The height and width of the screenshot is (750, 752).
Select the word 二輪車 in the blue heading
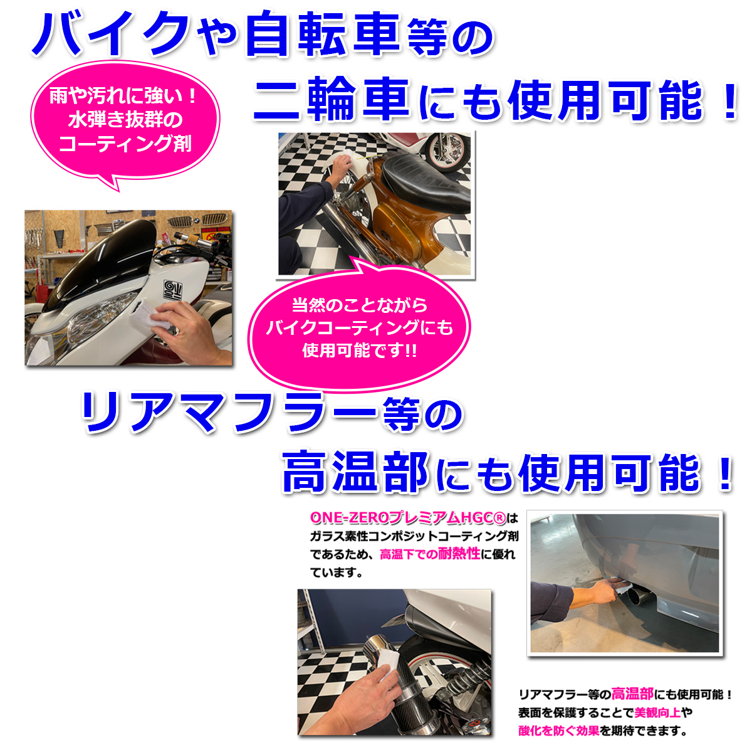[332, 100]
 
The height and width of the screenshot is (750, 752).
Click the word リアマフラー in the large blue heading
[228, 413]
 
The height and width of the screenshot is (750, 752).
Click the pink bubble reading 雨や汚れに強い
[124, 119]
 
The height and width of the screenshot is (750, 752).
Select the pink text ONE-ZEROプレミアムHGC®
[407, 518]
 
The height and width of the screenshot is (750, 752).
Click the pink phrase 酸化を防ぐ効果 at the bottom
[558, 731]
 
